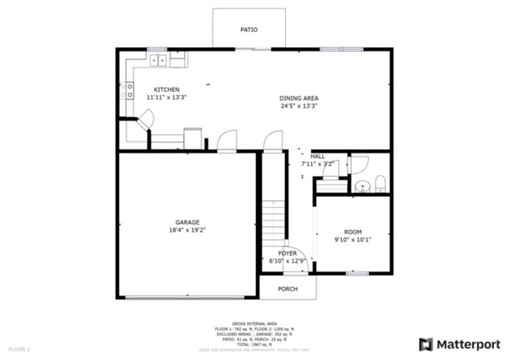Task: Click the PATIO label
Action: [248, 30]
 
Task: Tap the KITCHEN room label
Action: [166, 89]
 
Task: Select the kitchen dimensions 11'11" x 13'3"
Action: [166, 97]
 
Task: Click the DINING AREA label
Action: [299, 98]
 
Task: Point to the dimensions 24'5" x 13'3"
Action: [299, 106]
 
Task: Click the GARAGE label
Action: [187, 222]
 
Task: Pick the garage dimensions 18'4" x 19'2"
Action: [187, 230]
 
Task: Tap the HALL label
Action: [317, 156]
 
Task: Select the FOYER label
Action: [287, 254]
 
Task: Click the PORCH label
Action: [287, 289]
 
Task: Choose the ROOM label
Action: [352, 232]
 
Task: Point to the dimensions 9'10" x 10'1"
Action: [352, 239]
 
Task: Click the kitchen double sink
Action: [158, 59]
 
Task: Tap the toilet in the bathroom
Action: [380, 184]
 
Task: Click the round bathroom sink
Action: [362, 186]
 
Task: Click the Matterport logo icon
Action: [426, 344]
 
